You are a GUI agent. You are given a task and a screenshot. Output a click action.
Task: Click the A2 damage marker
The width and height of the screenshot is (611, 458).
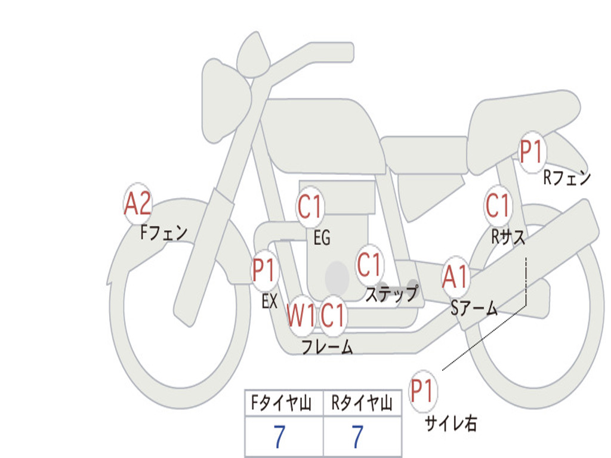pos(137,205)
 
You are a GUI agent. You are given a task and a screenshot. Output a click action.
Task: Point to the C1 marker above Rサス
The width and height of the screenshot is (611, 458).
pos(498,206)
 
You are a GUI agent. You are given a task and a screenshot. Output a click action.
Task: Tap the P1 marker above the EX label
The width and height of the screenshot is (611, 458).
pos(264,272)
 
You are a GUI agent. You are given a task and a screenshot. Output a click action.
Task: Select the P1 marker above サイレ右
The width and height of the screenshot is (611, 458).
pos(423,392)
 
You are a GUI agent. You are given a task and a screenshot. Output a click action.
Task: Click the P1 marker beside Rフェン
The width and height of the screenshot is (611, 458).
pos(531,153)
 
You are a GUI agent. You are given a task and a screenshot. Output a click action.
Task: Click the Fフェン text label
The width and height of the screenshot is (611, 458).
pos(164,232)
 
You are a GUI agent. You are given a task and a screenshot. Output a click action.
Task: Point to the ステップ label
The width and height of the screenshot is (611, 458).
pos(391,294)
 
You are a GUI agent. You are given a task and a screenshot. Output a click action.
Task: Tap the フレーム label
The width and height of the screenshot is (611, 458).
pos(327,346)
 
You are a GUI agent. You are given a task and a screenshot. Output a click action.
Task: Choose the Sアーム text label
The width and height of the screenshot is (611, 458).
pos(474,308)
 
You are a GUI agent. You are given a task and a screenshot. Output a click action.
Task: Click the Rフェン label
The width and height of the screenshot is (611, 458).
pos(567,178)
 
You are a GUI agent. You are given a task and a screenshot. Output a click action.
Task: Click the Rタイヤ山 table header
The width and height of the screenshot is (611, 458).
pos(362,404)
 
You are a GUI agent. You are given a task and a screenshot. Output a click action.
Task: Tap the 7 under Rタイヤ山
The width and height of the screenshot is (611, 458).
pos(357,437)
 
